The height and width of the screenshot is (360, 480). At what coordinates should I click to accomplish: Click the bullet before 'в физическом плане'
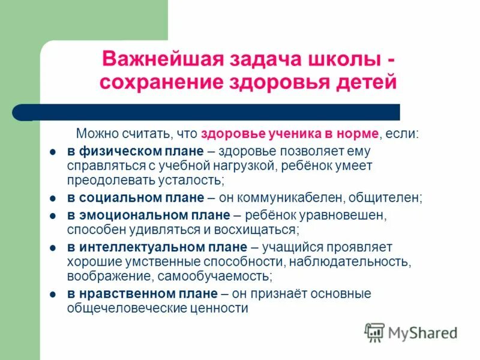point(53,152)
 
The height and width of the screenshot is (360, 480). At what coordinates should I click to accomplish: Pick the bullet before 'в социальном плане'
point(53,197)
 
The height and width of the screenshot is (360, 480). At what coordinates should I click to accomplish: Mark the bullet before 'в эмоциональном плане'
point(53,215)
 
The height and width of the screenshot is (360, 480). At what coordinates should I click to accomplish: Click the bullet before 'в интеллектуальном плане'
point(53,248)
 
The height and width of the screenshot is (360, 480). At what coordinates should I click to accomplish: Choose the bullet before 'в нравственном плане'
point(53,295)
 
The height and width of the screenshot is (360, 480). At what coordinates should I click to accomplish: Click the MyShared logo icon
point(374,332)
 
